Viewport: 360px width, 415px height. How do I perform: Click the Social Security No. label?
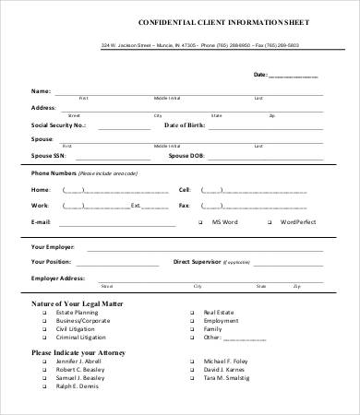pos(58,124)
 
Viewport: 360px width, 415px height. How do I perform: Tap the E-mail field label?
pos(41,222)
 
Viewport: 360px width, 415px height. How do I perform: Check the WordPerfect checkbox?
pos(258,222)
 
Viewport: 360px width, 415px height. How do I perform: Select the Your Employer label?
pos(54,247)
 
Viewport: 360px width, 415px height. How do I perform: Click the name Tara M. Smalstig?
pos(229,378)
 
